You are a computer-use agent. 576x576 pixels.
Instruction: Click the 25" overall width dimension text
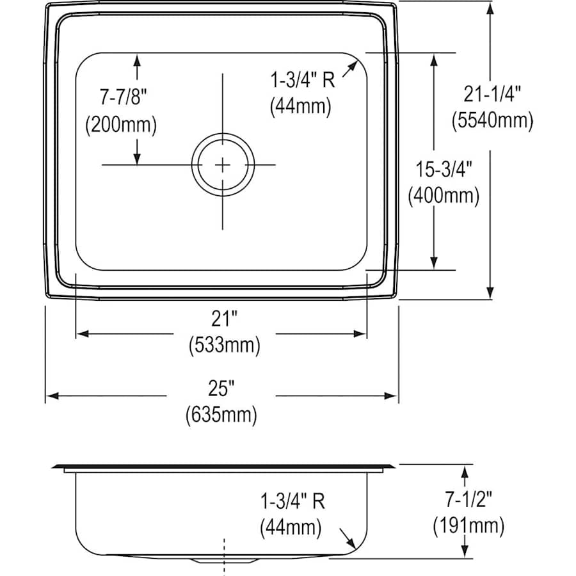[x=221, y=388]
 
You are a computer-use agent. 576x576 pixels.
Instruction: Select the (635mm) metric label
[x=221, y=415]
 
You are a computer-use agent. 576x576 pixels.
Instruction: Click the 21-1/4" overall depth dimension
[x=492, y=94]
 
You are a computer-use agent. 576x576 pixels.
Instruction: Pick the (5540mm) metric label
[x=492, y=120]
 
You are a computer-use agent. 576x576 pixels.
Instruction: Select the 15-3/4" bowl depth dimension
[x=444, y=170]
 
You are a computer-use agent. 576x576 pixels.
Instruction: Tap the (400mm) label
[x=444, y=196]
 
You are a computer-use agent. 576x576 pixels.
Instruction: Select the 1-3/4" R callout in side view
[x=291, y=501]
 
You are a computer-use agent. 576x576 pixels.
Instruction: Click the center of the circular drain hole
[x=223, y=164]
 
